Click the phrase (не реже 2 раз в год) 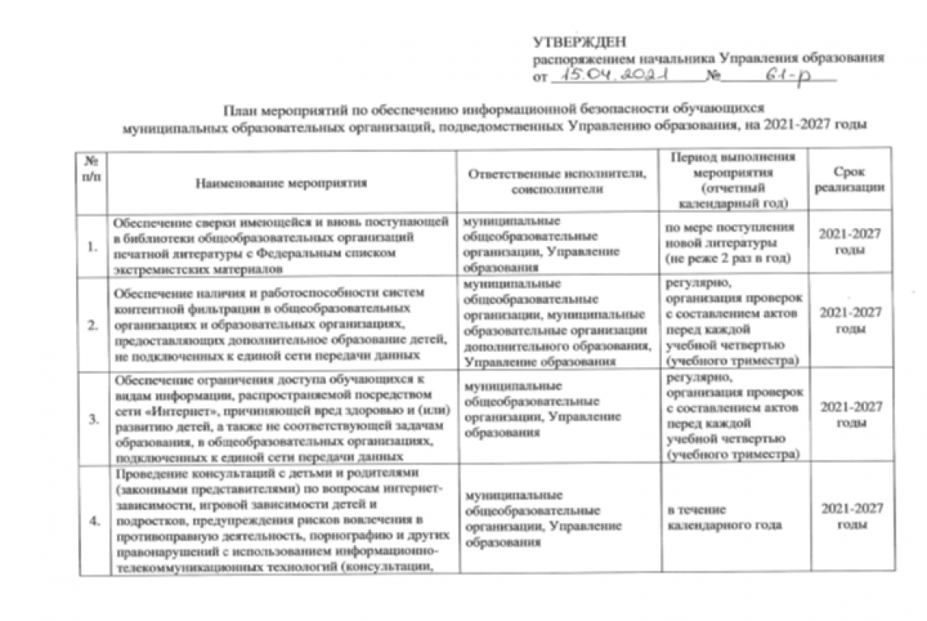point(725,258)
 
